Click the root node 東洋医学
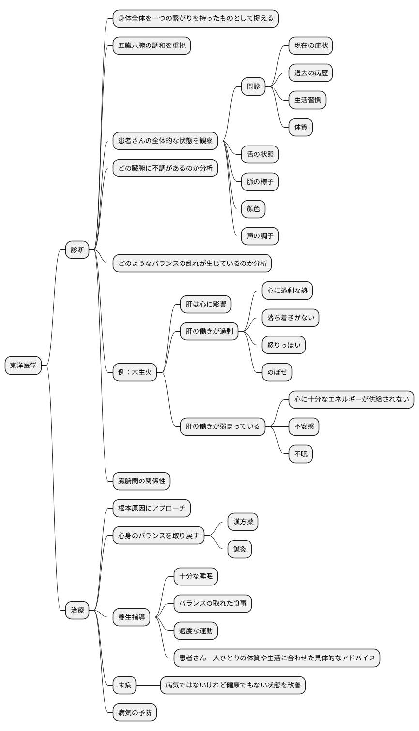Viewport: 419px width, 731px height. pyautogui.click(x=23, y=365)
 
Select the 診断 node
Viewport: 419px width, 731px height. pyautogui.click(x=77, y=250)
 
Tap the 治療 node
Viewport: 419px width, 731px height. pyautogui.click(x=77, y=610)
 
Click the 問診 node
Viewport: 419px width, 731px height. pyautogui.click(x=254, y=87)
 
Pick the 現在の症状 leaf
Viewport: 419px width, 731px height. pyautogui.click(x=311, y=46)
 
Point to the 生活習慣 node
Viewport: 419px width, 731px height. pyautogui.click(x=307, y=100)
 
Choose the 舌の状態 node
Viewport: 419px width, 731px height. pyautogui.click(x=260, y=155)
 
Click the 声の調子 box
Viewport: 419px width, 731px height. pyautogui.click(x=260, y=236)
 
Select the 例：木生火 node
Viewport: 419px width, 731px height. pyautogui.click(x=135, y=372)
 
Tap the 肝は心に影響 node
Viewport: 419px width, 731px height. pyautogui.click(x=206, y=305)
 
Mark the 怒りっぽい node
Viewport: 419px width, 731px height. pyautogui.click(x=284, y=345)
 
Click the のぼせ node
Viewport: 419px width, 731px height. pyautogui.click(x=277, y=372)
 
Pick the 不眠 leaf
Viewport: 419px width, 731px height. pyautogui.click(x=300, y=454)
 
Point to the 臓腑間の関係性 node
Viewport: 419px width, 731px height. pyautogui.click(x=142, y=481)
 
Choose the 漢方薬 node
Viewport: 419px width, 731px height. pyautogui.click(x=243, y=522)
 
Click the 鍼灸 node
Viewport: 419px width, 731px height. pyautogui.click(x=239, y=549)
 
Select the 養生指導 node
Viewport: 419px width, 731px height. pyautogui.click(x=132, y=617)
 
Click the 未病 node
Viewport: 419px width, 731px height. pyautogui.click(x=125, y=685)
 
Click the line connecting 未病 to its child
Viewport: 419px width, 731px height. pyautogui.click(x=148, y=685)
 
